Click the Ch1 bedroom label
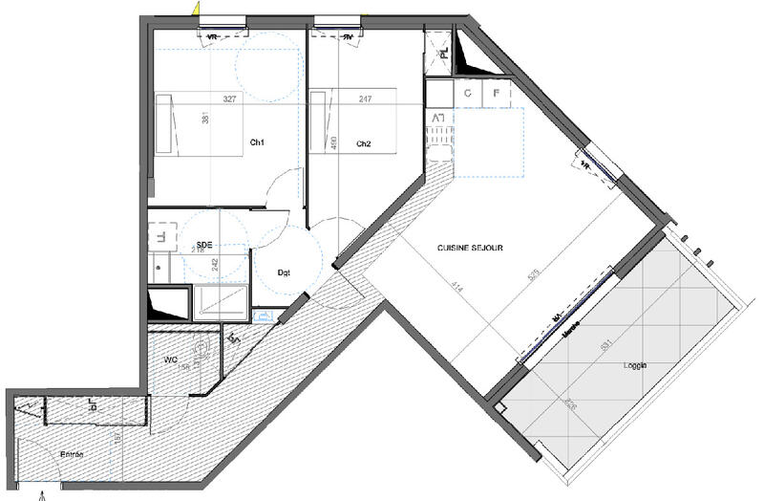point(257,142)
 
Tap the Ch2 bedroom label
point(363,143)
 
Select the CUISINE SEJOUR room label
point(470,248)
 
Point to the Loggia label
point(635,364)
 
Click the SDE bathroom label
point(202,245)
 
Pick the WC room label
point(170,359)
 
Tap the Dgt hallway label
point(284,272)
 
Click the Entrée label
point(74,454)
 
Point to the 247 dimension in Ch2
point(365,98)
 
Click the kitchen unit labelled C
point(468,94)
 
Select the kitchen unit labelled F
point(497,94)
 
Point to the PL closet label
point(444,54)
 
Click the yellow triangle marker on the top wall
point(196,9)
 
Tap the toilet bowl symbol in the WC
point(201,351)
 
